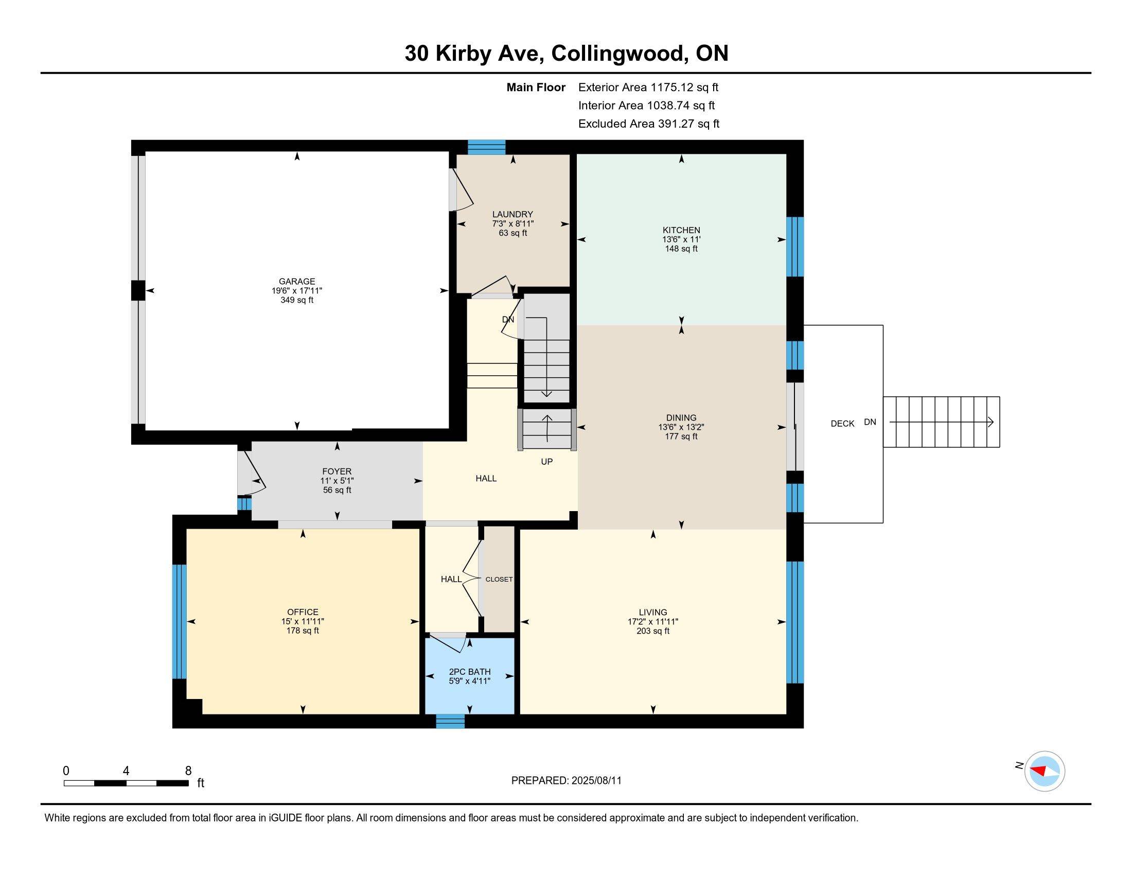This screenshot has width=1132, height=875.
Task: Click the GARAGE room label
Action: [x=296, y=282]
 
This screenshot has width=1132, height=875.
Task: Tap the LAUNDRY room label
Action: [x=512, y=214]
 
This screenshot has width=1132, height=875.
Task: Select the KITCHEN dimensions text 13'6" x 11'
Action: [x=681, y=239]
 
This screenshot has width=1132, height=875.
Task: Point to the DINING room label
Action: [x=681, y=417]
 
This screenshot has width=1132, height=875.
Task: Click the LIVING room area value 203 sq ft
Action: [x=652, y=631]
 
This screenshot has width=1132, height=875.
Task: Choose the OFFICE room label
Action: [x=303, y=611]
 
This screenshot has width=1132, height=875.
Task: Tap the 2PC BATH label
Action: [x=470, y=671]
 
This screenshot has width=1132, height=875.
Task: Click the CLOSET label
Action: [x=499, y=579]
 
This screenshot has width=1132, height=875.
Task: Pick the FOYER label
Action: [x=337, y=471]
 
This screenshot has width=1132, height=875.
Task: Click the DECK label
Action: [x=842, y=424]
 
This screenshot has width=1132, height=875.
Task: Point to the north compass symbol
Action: [x=1044, y=771]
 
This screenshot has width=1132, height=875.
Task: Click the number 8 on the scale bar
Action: [x=188, y=771]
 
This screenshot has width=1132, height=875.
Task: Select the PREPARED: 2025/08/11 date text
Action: [x=566, y=780]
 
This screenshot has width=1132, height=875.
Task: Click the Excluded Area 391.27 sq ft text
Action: [x=648, y=124]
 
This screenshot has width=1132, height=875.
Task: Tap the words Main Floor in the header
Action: [x=536, y=87]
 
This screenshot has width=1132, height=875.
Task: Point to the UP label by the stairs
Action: [x=546, y=461]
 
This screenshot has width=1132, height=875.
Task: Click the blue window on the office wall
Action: [x=179, y=621]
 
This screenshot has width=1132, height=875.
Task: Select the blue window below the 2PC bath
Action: [x=450, y=721]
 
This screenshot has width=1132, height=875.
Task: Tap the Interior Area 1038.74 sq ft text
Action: [x=646, y=105]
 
